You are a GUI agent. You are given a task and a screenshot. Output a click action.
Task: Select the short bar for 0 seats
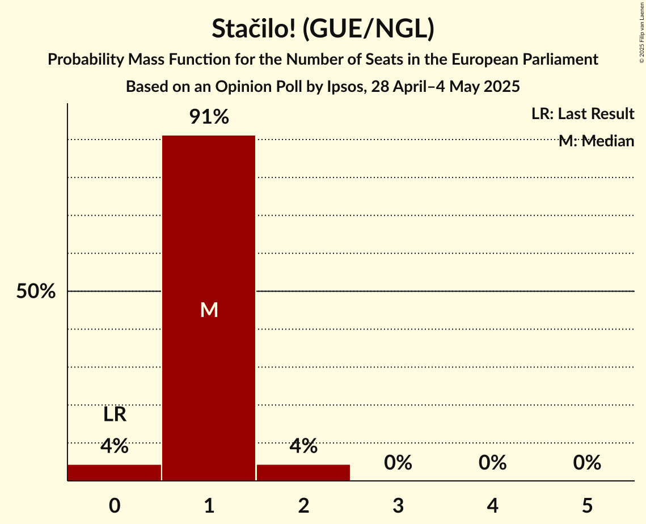114,472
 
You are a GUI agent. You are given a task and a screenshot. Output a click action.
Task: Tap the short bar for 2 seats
303,472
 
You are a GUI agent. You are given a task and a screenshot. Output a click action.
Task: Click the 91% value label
209,117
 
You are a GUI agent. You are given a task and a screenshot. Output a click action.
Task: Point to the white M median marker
209,310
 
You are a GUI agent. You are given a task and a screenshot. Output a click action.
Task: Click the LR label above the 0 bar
115,415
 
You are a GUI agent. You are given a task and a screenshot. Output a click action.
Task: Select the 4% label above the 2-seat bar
303,446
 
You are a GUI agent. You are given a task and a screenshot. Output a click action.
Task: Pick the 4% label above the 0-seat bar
115,446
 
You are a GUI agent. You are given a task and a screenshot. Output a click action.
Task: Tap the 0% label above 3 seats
398,463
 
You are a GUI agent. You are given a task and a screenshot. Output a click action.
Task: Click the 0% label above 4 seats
492,463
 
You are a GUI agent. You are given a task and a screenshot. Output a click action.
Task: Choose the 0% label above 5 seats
586,463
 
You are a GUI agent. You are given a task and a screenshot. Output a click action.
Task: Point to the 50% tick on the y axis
36,291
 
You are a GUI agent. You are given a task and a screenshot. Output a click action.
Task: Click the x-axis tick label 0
115,505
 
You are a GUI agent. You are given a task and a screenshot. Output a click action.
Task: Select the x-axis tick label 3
398,505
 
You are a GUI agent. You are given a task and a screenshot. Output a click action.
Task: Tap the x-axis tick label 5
586,505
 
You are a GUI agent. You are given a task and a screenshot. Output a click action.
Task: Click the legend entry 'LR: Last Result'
582,114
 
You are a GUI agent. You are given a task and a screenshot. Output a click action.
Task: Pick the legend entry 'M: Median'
596,141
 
